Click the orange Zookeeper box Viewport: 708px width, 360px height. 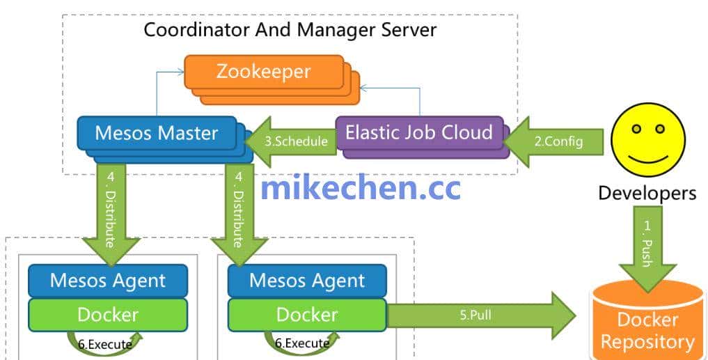tap(264, 72)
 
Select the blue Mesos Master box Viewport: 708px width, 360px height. tap(156, 133)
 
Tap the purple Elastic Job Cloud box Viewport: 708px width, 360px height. tap(419, 132)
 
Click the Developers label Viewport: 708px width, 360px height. tap(647, 193)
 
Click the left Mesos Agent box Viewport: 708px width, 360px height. tap(108, 281)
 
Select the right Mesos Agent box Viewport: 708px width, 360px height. tap(307, 281)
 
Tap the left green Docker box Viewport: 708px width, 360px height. tap(108, 315)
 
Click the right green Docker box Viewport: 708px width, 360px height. tap(307, 315)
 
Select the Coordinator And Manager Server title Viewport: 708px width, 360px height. tap(290, 30)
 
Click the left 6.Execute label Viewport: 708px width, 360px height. tap(105, 343)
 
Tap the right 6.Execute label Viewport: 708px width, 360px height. tap(302, 343)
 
